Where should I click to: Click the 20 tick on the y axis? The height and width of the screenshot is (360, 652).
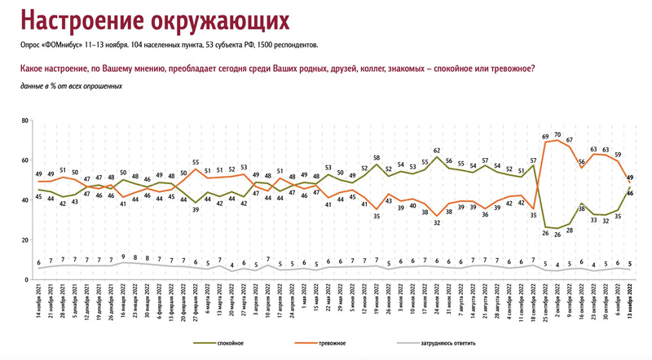coord(25,239)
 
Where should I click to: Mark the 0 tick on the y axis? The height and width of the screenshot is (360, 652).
coord(27,279)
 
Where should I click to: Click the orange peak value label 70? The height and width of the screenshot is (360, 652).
coord(557,134)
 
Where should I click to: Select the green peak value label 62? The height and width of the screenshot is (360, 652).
coord(437,151)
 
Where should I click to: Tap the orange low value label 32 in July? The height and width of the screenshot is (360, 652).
coord(437,222)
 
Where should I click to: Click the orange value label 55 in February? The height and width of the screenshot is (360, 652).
coord(195,162)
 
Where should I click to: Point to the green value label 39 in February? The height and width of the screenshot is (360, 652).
coord(195,209)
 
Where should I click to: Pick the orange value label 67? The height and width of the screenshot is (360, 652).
coord(570,140)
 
